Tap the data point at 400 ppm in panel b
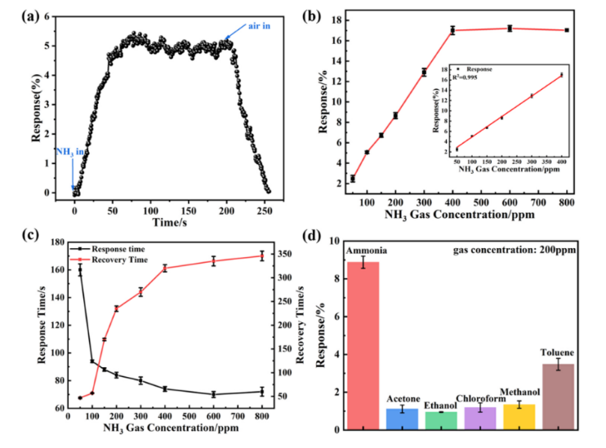(x=452, y=31)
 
